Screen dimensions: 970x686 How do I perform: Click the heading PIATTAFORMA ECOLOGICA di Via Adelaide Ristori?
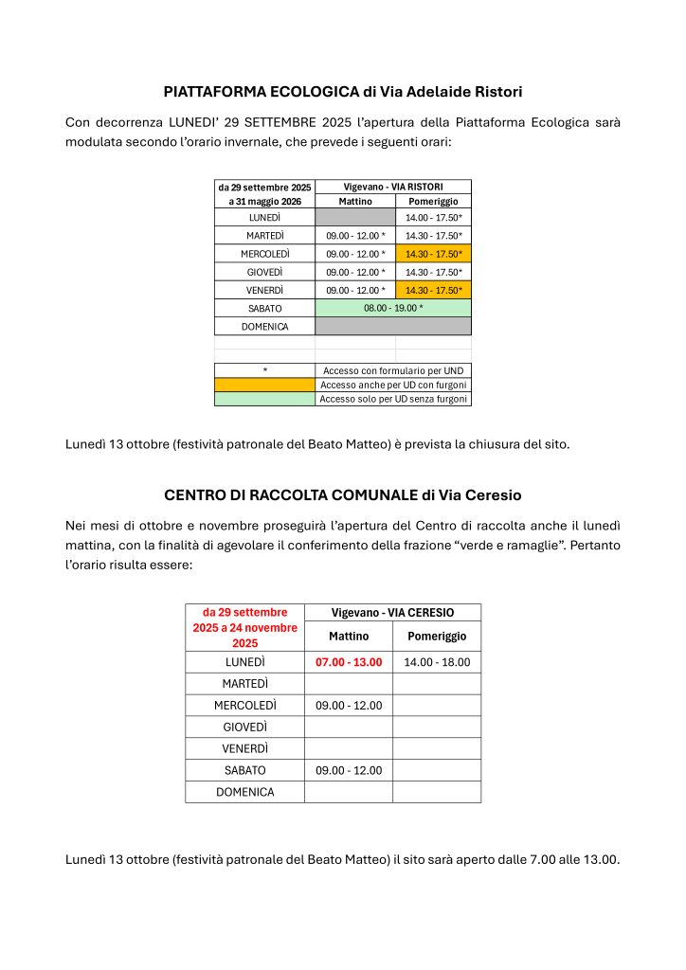(343, 92)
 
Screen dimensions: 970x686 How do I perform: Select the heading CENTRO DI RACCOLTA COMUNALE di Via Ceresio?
(343, 494)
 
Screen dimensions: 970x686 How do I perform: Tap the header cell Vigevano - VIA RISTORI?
(392, 187)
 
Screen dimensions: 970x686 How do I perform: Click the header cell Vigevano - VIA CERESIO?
(392, 612)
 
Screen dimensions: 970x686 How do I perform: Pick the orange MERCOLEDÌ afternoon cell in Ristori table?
(433, 254)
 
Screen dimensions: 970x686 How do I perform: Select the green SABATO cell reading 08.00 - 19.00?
(392, 308)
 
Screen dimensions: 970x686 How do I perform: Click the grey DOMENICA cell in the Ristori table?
(392, 326)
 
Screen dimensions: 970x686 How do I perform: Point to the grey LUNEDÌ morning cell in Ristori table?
(354, 218)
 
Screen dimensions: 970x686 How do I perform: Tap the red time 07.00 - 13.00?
(349, 662)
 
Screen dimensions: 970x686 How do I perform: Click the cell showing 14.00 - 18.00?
(436, 662)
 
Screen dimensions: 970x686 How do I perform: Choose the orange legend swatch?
(264, 385)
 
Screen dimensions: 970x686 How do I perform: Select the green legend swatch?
(264, 399)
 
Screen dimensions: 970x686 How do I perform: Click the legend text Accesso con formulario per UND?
(392, 370)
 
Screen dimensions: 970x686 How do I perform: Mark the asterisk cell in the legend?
(264, 370)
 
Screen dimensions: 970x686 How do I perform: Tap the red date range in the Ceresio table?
(244, 627)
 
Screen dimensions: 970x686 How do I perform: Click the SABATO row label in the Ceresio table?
(244, 770)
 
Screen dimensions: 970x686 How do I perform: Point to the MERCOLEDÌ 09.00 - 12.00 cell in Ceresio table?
(349, 705)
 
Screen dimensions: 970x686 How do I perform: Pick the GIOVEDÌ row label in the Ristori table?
(264, 272)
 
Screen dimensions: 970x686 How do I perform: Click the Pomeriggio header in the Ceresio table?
(436, 636)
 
